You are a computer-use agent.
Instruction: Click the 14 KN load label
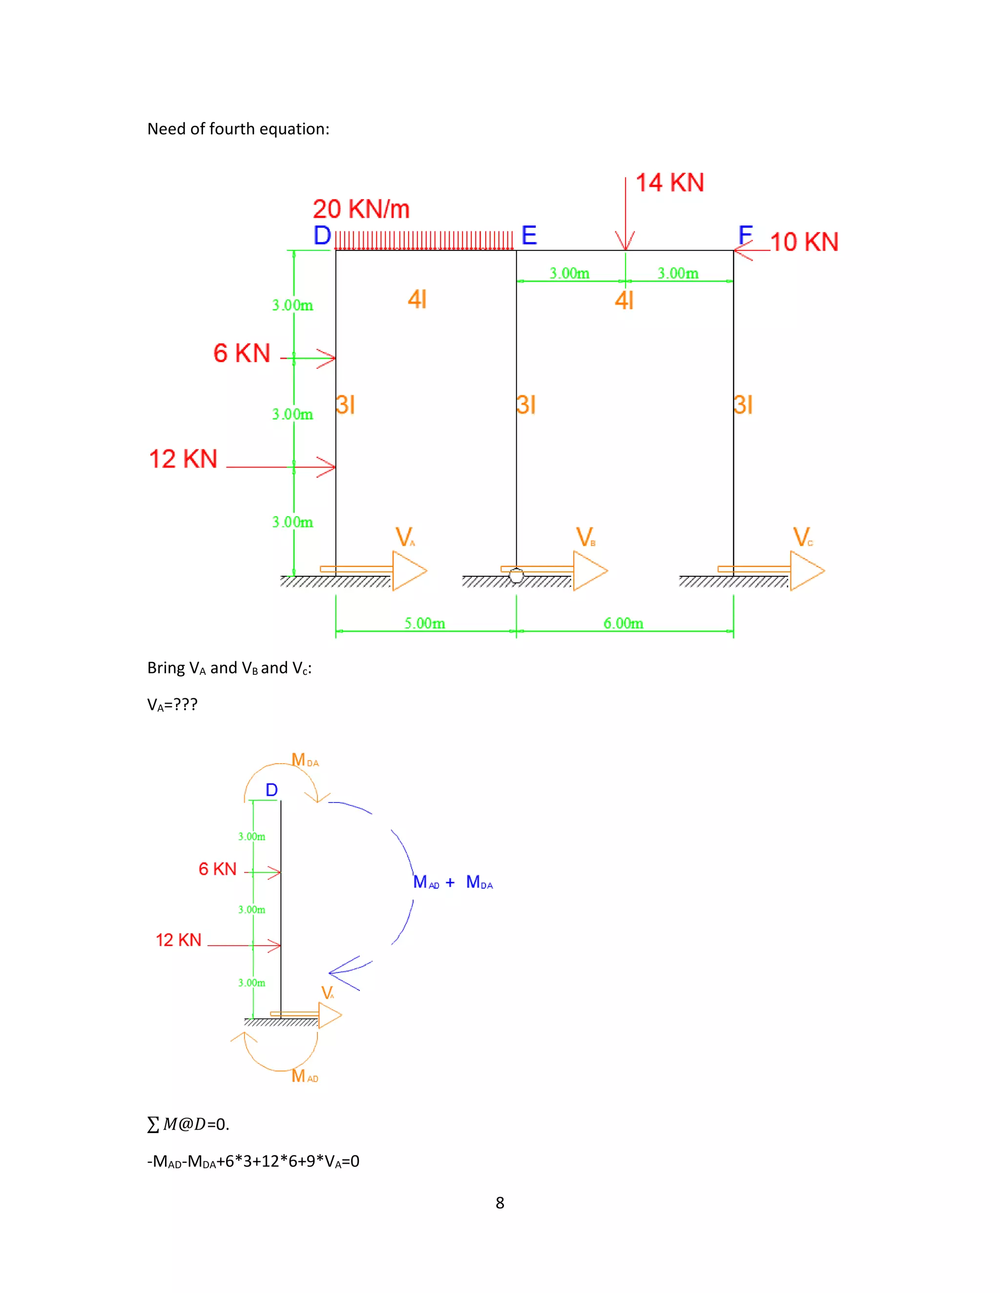coord(669,182)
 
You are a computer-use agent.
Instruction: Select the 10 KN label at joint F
coord(804,242)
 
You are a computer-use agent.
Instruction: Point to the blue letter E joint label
coord(529,236)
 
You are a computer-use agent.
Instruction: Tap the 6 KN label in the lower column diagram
coord(217,869)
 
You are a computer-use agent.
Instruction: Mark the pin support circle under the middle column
coord(517,575)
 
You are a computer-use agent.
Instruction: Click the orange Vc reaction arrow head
coord(807,571)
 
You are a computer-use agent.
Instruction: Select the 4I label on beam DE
coord(417,299)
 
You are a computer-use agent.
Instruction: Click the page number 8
coord(500,1202)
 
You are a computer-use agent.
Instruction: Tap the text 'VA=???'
coord(172,705)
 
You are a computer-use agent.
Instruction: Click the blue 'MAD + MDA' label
coord(453,882)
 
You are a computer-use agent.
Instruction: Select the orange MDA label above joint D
coord(305,760)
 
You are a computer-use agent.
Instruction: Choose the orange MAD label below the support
coord(305,1076)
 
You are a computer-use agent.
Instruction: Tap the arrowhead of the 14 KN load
coord(625,242)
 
